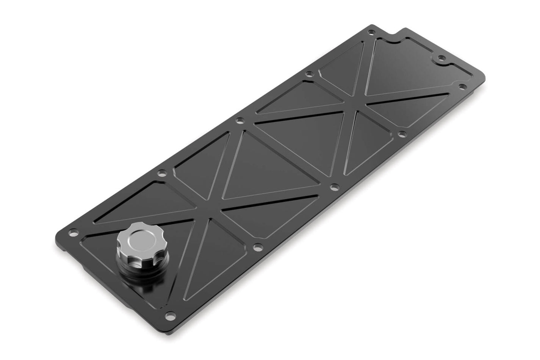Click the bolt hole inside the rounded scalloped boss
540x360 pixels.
tap(441, 59)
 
